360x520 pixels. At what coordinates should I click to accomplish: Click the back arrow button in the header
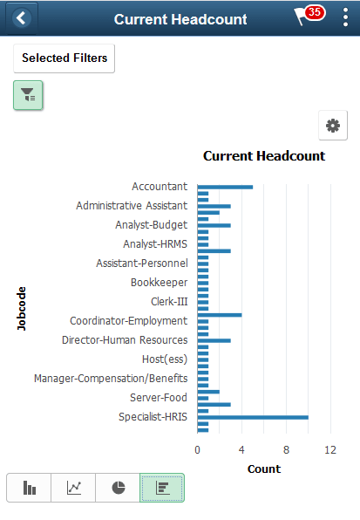tap(21, 18)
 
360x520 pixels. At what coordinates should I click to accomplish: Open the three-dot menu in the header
tap(344, 18)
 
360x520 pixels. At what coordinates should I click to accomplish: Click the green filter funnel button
tap(28, 95)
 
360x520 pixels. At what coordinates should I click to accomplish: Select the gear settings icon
tap(332, 126)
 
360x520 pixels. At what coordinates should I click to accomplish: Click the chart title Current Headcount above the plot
tap(263, 156)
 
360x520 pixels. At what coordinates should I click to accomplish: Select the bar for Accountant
tap(225, 186)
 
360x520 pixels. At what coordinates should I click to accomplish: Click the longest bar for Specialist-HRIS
tap(253, 417)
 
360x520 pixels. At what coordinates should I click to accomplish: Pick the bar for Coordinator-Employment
tap(220, 314)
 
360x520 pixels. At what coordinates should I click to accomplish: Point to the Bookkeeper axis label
tap(159, 282)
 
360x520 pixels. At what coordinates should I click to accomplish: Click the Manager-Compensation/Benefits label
tap(111, 378)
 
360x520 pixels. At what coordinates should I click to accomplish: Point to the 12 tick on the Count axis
tap(330, 450)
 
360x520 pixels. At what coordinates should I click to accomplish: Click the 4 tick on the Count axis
tap(241, 450)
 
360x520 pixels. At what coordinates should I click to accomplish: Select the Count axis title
tap(263, 469)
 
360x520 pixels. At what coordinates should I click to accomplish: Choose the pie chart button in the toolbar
tap(118, 488)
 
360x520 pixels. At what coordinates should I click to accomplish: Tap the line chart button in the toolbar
tap(73, 488)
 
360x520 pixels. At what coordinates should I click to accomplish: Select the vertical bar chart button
tap(29, 488)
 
